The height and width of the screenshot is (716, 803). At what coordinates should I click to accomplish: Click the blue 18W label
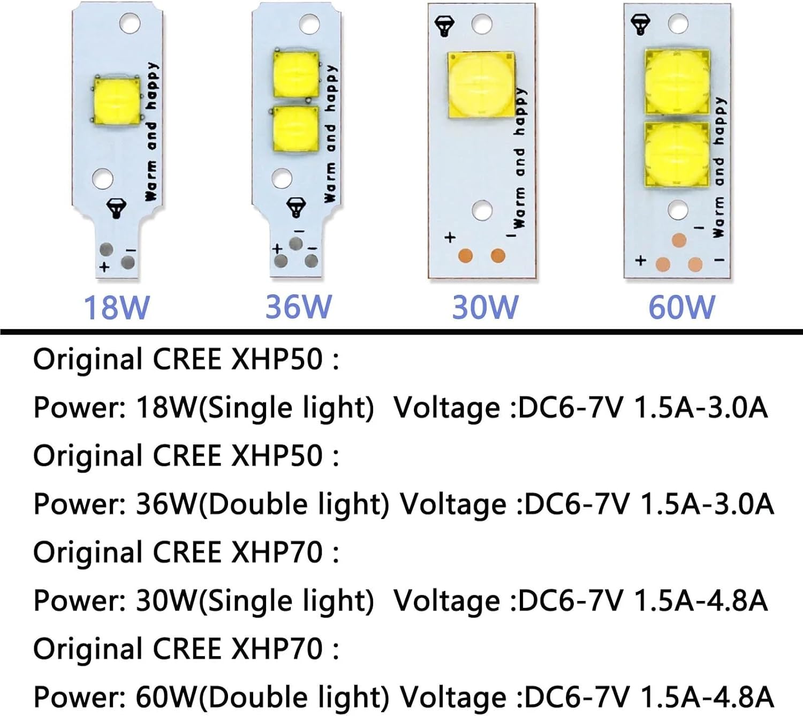click(x=117, y=308)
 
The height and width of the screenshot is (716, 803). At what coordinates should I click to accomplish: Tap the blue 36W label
click(x=299, y=307)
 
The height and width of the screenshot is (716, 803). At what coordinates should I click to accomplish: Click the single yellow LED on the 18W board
click(x=117, y=100)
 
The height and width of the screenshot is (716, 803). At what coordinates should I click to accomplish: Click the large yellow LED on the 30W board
click(x=481, y=83)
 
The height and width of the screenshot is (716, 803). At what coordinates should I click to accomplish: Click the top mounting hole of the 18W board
click(x=130, y=23)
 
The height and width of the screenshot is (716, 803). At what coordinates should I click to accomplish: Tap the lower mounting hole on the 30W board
click(x=482, y=210)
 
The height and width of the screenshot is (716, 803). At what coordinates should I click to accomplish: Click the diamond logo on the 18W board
click(x=116, y=208)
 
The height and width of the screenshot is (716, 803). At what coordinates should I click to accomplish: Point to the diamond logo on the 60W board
click(x=640, y=24)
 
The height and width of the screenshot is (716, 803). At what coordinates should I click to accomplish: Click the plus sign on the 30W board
click(x=450, y=237)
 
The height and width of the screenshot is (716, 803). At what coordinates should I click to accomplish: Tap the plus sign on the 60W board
click(x=640, y=261)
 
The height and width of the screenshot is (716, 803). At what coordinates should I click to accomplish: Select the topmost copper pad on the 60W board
click(x=679, y=240)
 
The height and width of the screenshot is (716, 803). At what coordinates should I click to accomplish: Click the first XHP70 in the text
click(x=277, y=552)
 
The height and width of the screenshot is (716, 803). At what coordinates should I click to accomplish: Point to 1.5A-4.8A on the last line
click(x=707, y=697)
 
